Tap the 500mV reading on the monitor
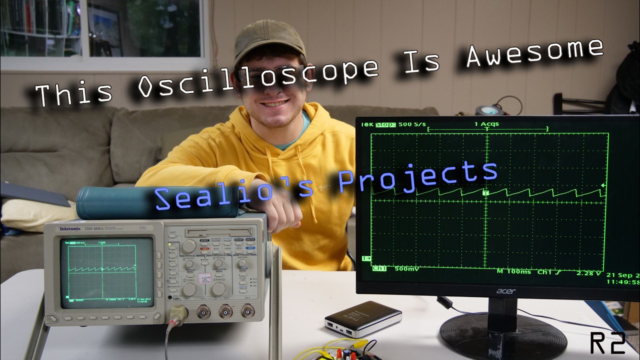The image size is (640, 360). tap(406, 269)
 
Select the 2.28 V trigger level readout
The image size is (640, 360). tap(589, 273)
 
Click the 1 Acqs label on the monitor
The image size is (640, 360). tap(486, 124)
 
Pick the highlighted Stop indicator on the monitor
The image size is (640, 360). tap(385, 124)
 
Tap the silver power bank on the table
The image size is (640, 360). tap(363, 318)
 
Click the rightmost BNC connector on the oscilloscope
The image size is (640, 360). tap(247, 311)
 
